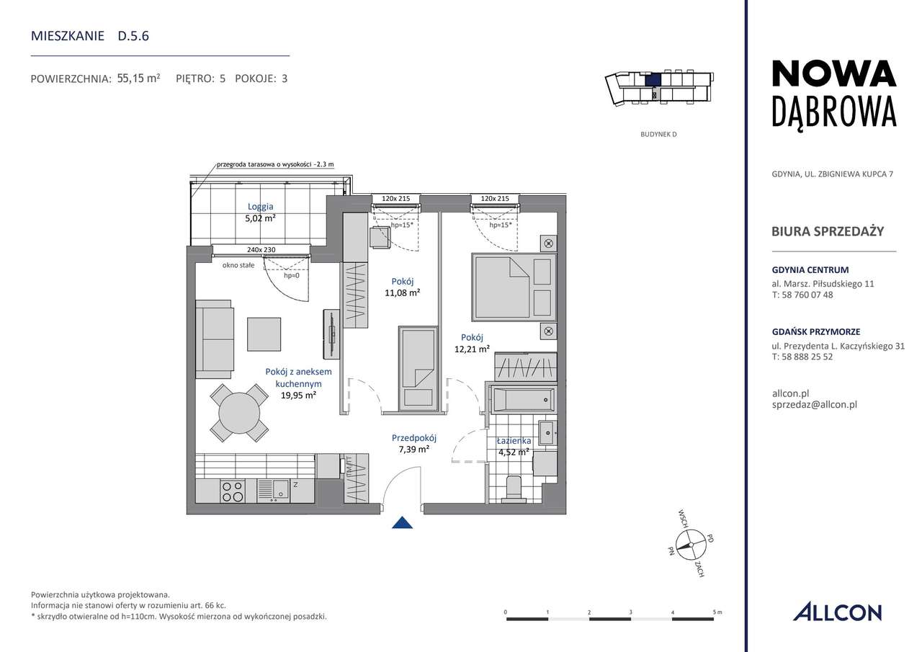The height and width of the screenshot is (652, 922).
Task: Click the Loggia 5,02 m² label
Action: (259, 213)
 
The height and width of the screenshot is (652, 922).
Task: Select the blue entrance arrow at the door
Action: (403, 524)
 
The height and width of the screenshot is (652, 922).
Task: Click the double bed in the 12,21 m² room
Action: (514, 286)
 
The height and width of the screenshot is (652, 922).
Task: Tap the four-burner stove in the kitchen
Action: (233, 491)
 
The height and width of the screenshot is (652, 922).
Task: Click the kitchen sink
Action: (274, 490)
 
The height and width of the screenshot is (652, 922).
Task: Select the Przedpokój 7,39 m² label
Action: (414, 443)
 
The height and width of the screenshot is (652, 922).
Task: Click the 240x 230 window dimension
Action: (261, 250)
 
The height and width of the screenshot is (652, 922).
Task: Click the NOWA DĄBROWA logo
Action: (833, 93)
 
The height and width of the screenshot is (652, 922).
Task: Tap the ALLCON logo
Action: (837, 612)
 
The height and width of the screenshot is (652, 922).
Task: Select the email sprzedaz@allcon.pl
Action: (813, 405)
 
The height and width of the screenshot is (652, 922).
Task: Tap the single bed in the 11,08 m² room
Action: (418, 368)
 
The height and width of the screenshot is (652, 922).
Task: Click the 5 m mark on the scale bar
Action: (715, 617)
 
